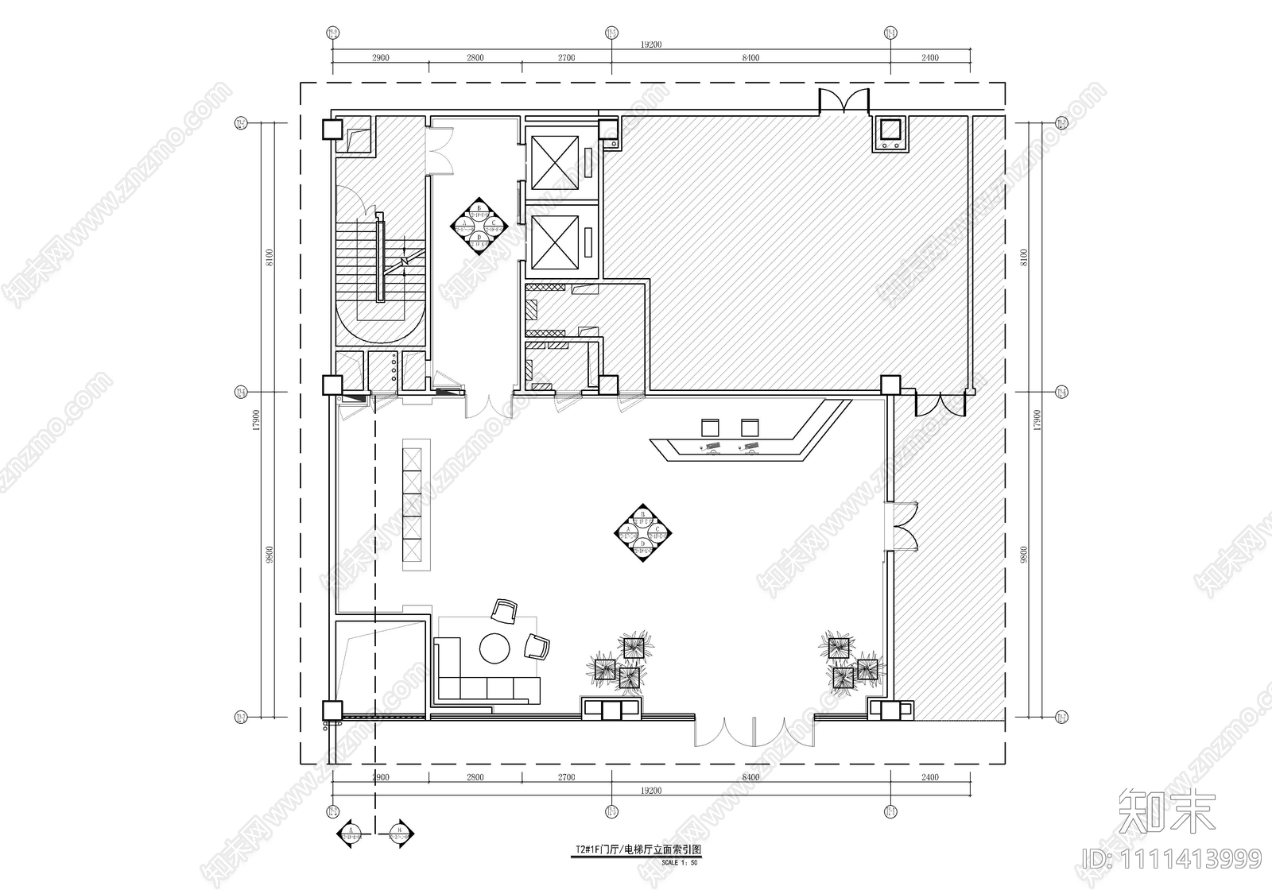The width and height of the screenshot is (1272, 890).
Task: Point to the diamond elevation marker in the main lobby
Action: click(x=644, y=532)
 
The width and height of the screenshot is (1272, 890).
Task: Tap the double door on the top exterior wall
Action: click(x=844, y=101)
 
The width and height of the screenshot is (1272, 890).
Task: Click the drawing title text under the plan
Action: click(x=638, y=849)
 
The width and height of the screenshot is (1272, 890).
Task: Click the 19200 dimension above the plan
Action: click(x=650, y=45)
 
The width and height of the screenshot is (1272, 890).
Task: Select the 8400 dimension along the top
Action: click(x=750, y=58)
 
